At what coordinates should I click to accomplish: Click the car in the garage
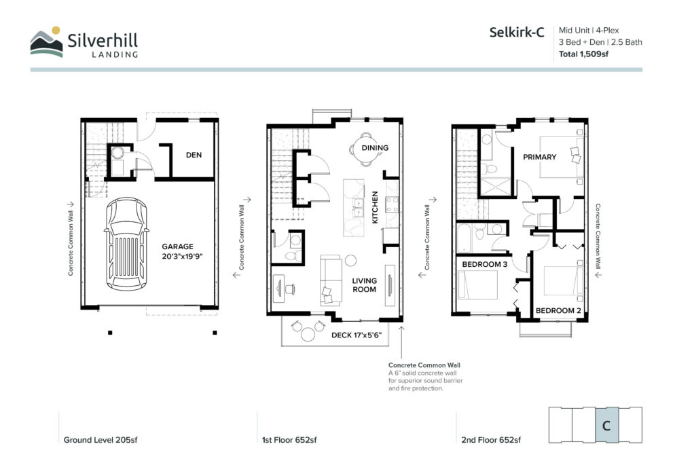pyautogui.click(x=126, y=244)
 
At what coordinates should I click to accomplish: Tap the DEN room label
pyautogui.click(x=194, y=155)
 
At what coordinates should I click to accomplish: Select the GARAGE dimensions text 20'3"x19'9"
pyautogui.click(x=182, y=257)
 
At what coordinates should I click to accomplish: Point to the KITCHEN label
pyautogui.click(x=375, y=207)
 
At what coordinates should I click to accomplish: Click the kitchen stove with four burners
pyautogui.click(x=392, y=204)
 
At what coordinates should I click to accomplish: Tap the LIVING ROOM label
pyautogui.click(x=365, y=284)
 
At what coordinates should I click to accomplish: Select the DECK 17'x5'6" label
pyautogui.click(x=357, y=335)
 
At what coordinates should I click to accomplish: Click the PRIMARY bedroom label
pyautogui.click(x=539, y=157)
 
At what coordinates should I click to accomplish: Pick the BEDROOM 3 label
pyautogui.click(x=485, y=264)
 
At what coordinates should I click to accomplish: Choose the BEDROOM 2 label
pyautogui.click(x=558, y=310)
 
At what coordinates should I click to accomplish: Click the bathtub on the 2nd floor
pyautogui.click(x=464, y=238)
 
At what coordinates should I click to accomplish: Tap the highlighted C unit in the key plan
pyautogui.click(x=606, y=425)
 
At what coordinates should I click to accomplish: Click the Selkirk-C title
pyautogui.click(x=517, y=32)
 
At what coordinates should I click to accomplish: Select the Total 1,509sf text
pyautogui.click(x=583, y=54)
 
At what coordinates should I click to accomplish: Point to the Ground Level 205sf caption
pyautogui.click(x=101, y=440)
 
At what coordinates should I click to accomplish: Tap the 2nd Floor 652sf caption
pyautogui.click(x=491, y=440)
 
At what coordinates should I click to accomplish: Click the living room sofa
pyautogui.click(x=331, y=280)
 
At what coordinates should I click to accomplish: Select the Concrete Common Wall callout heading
pyautogui.click(x=424, y=365)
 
